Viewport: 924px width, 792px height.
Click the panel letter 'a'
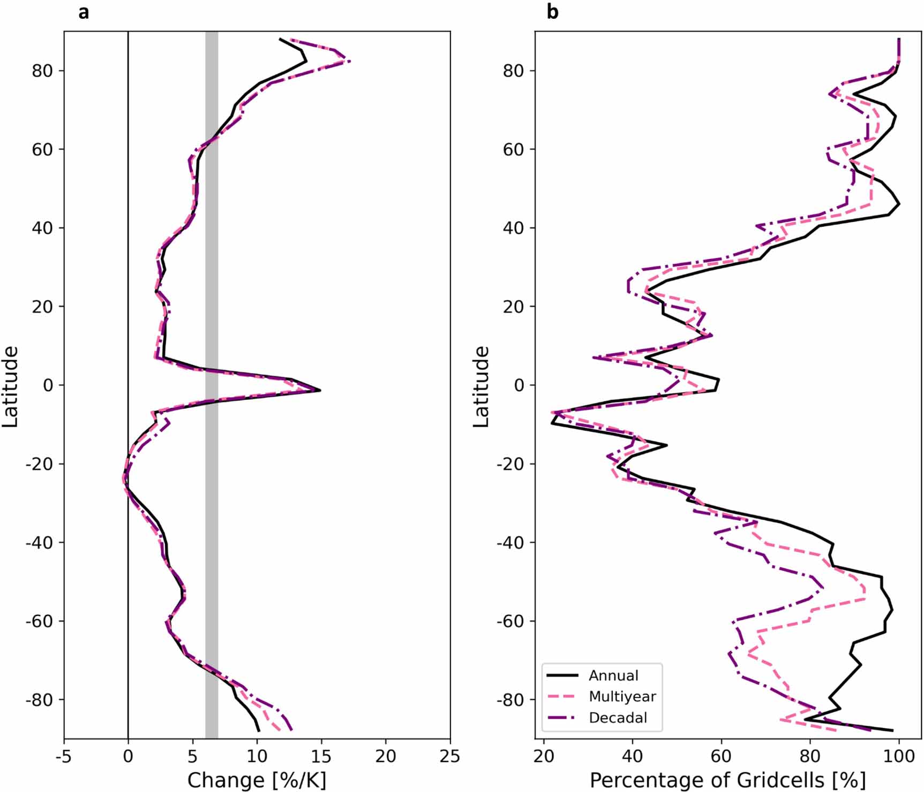tap(83, 12)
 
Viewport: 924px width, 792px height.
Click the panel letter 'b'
tap(552, 12)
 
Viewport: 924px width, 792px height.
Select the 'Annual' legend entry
tap(613, 675)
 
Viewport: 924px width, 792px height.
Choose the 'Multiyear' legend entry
tap(622, 696)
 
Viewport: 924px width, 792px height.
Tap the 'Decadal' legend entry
tap(618, 718)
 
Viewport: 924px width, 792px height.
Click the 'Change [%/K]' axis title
tap(257, 780)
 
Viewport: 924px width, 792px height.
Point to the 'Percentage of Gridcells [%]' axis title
tap(727, 780)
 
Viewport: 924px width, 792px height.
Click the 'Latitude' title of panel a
tap(11, 386)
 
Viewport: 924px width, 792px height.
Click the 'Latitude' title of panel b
tap(482, 386)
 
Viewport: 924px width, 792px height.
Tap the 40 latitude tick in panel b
tap(514, 228)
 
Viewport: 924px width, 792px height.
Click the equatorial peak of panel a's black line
tap(320, 390)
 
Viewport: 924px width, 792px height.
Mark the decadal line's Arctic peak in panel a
tap(349, 61)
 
